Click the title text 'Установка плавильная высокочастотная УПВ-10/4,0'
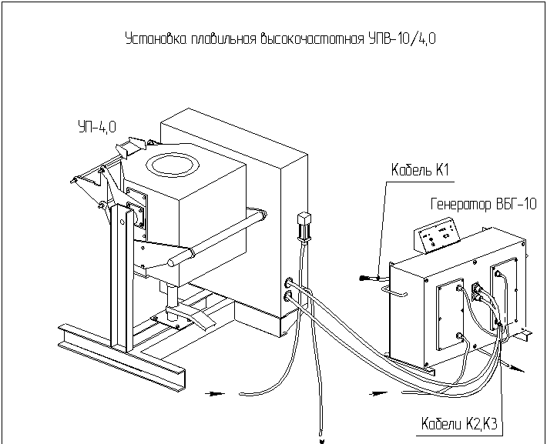click(280, 38)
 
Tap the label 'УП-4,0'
click(97, 126)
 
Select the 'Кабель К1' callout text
click(420, 170)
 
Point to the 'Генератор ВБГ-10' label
click(484, 204)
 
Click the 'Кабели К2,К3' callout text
click(459, 424)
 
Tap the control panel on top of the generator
click(437, 235)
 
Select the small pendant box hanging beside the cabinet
click(304, 226)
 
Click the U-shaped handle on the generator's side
click(394, 290)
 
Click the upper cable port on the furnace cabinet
click(289, 282)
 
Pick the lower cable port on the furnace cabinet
click(288, 296)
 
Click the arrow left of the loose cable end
click(214, 394)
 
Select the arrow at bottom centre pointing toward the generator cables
click(378, 394)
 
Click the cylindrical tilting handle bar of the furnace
click(217, 239)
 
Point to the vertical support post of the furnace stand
click(122, 278)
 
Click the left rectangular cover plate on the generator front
click(451, 314)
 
